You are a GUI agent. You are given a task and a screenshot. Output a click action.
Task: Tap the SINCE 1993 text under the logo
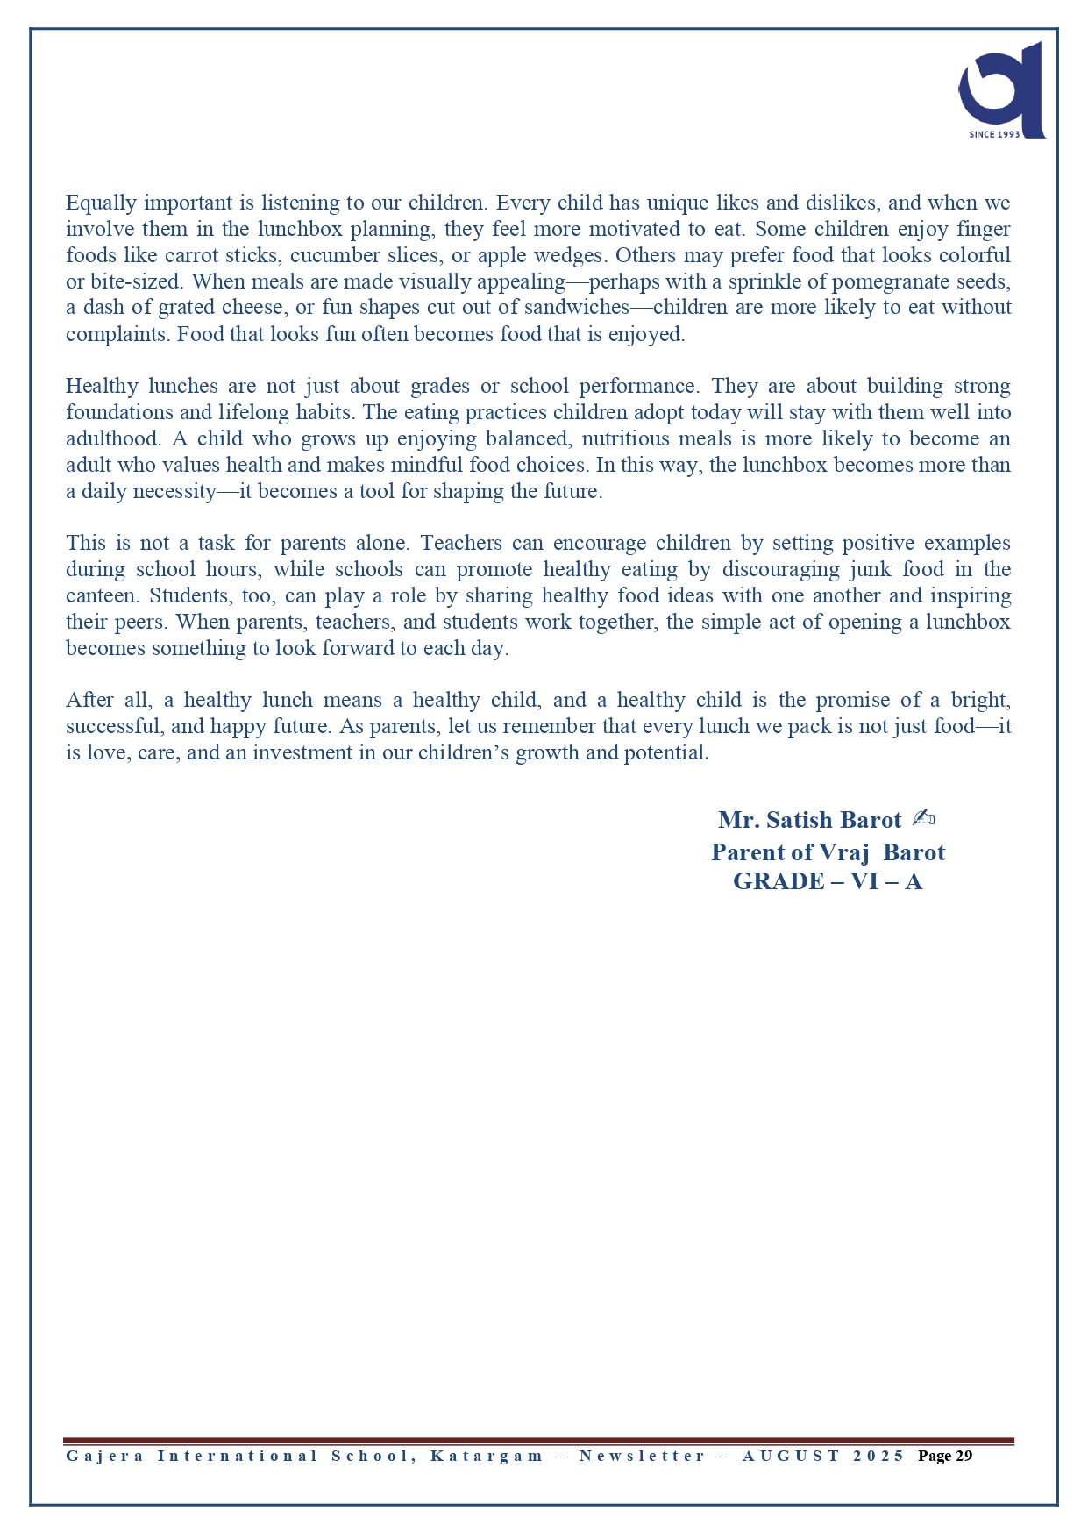click(994, 134)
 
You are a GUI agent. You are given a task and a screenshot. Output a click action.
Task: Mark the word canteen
click(100, 595)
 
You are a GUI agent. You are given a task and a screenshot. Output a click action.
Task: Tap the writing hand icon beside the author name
click(923, 818)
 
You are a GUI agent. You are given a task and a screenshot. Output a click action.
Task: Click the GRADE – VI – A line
click(828, 881)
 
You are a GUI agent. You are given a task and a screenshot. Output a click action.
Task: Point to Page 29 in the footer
click(945, 1456)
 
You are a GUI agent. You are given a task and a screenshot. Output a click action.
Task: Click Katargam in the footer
click(487, 1456)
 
